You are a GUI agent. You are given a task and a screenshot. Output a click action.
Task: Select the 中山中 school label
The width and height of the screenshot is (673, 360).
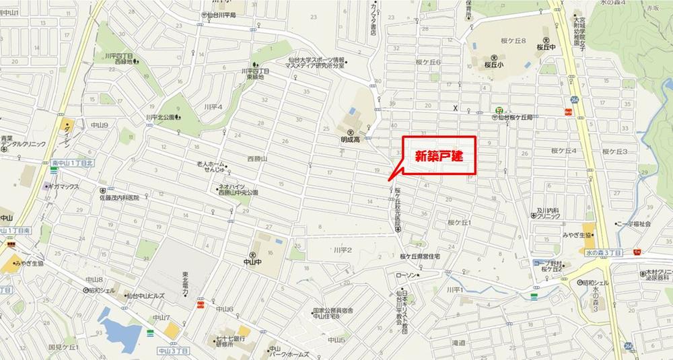(252, 262)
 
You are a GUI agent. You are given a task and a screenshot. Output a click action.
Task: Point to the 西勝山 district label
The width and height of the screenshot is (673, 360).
(257, 159)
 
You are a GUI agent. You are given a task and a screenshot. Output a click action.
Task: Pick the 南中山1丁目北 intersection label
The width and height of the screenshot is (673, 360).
(74, 164)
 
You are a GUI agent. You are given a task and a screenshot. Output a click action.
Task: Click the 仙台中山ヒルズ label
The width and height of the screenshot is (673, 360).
(145, 295)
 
